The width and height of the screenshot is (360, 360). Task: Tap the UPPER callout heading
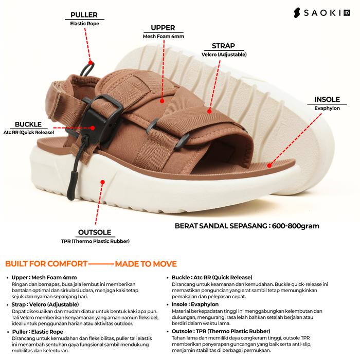pyautogui.click(x=163, y=28)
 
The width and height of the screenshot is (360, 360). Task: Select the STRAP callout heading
pyautogui.click(x=223, y=46)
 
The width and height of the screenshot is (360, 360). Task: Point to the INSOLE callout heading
pyautogui.click(x=327, y=100)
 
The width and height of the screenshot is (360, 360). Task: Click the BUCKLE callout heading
pyautogui.click(x=28, y=124)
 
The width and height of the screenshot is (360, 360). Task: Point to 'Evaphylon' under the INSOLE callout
pyautogui.click(x=327, y=109)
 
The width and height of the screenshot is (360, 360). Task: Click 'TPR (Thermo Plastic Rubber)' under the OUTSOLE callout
pyautogui.click(x=96, y=241)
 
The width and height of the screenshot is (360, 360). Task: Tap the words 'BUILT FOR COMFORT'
pyautogui.click(x=46, y=264)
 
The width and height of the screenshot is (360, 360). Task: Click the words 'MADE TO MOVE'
pyautogui.click(x=146, y=264)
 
